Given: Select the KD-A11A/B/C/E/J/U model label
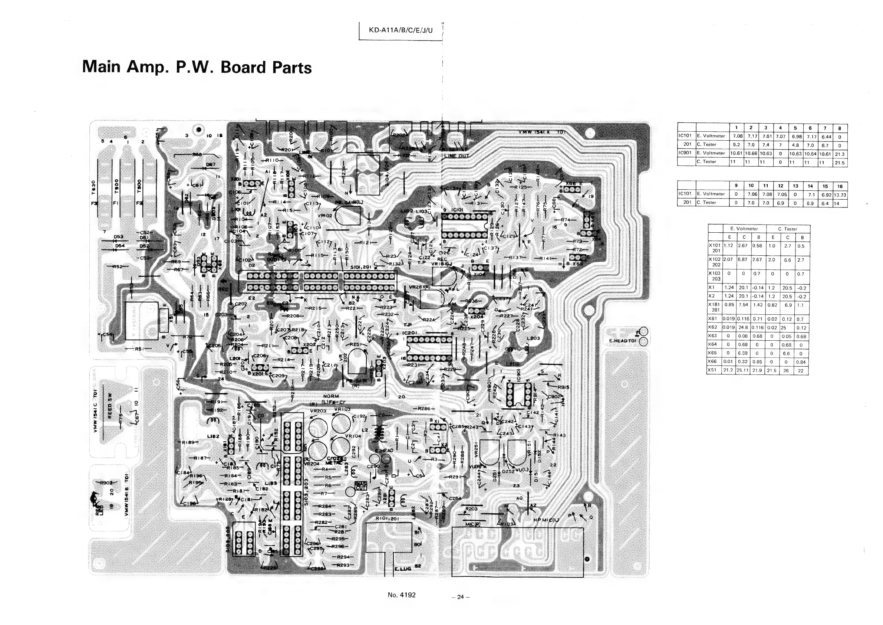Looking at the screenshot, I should click(401, 30).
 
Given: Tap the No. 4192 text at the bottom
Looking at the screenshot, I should click(402, 595).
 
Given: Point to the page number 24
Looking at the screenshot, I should click(461, 597).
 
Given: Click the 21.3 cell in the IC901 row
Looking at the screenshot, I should click(840, 154).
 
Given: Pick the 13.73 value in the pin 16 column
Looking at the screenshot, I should click(840, 195).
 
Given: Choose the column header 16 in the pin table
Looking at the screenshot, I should click(840, 186).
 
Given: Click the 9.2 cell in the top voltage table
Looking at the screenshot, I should click(737, 145).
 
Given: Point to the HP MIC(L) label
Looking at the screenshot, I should click(546, 520).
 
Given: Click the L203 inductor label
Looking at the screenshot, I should click(533, 338).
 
